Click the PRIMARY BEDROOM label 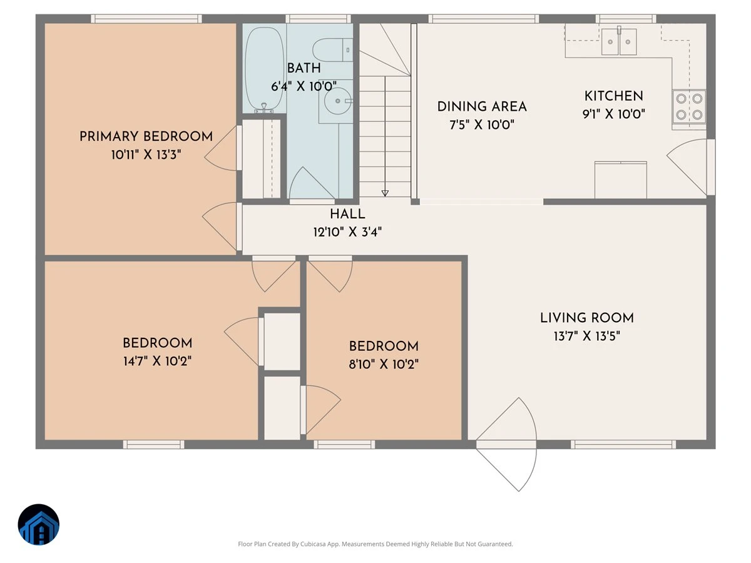[146, 137]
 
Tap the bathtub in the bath [264, 69]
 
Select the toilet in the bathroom [332, 50]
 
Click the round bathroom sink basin [338, 101]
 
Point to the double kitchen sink [619, 41]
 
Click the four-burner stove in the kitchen [689, 106]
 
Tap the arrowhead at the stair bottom [385, 193]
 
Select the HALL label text [347, 215]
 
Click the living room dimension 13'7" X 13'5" [587, 336]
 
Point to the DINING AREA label [482, 106]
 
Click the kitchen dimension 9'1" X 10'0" [614, 114]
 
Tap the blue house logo [39, 524]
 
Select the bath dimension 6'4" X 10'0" [304, 86]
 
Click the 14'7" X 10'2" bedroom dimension [157, 361]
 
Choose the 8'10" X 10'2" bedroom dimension [384, 365]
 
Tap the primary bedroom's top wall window [146, 19]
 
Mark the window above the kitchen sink [626, 19]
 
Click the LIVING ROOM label [587, 318]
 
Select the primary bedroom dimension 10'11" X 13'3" [146, 155]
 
